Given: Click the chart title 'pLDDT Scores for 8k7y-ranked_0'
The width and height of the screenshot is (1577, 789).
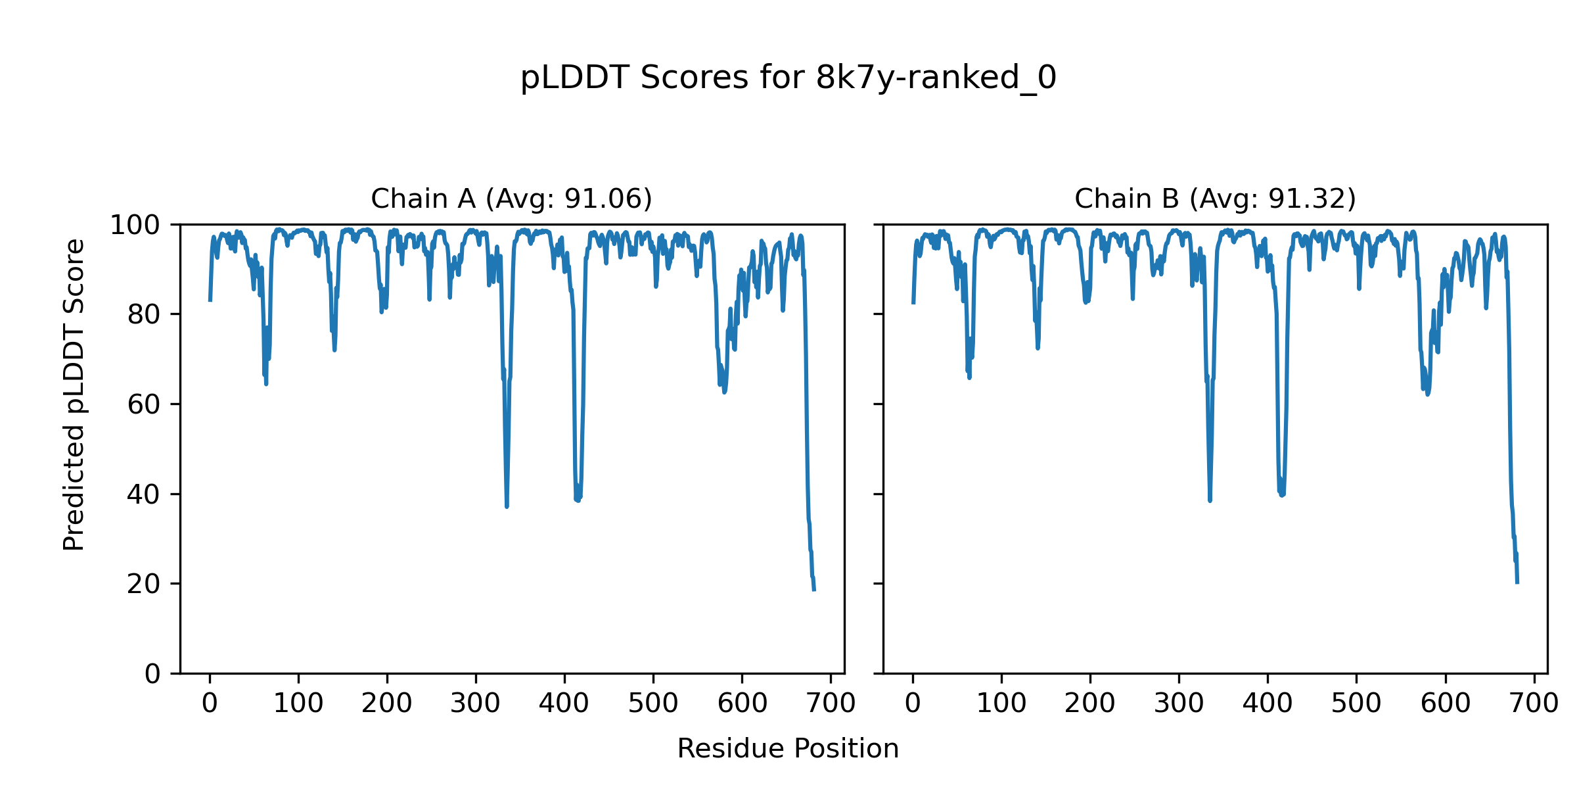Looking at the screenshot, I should click(788, 78).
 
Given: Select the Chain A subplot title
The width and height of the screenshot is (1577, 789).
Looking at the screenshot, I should click(511, 199).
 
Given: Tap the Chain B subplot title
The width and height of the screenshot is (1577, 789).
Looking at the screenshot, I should click(1215, 199).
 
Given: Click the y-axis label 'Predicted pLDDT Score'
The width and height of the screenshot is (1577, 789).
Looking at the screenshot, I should click(74, 394).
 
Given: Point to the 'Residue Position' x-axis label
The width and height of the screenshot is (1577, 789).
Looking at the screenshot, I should click(788, 749).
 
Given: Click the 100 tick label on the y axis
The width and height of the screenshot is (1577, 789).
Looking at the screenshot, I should click(135, 226).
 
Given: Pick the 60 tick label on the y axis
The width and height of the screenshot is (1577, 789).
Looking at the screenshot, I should click(144, 404).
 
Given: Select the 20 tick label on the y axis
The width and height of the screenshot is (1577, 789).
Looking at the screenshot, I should click(144, 584).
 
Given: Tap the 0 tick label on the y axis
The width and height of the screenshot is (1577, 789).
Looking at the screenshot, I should click(152, 674).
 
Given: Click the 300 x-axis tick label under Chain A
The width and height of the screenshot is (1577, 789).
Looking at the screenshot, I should click(475, 704).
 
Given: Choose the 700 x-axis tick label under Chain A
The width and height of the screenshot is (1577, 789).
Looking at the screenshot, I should click(831, 704).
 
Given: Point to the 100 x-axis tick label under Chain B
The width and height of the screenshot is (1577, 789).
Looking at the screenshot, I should click(1001, 704).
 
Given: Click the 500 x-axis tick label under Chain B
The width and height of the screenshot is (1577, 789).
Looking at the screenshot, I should click(1356, 704).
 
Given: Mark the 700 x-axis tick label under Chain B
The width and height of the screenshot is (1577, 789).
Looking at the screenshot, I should click(1534, 704).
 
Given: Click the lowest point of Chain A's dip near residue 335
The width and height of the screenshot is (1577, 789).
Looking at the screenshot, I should click(507, 506).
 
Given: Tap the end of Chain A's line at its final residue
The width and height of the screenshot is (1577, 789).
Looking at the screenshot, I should click(814, 590).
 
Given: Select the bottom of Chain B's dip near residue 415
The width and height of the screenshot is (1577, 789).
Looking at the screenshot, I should click(1281, 495).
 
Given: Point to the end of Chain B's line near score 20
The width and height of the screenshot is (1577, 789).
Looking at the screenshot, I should click(1517, 583).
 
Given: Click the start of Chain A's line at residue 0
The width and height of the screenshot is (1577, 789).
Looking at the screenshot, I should click(210, 300).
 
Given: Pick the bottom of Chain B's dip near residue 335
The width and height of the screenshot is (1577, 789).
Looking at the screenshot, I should click(1210, 500).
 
